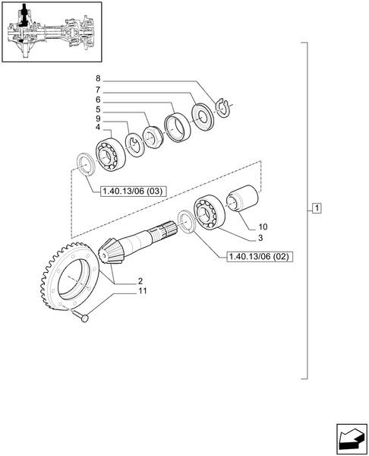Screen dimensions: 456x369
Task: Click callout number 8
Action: tap(97, 79)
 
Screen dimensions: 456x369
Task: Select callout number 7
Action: tap(97, 89)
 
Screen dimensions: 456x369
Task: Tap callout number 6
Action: tap(97, 99)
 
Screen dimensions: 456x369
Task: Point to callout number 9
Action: tap(97, 119)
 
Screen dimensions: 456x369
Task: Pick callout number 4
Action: tap(97, 128)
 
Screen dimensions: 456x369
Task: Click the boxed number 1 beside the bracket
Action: tap(317, 208)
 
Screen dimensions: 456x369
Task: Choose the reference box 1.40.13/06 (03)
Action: tap(132, 191)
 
